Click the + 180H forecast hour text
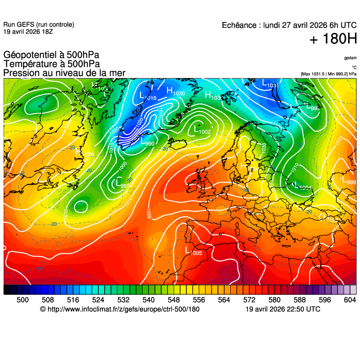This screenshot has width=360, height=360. (333, 39)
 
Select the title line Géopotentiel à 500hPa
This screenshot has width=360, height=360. (51, 55)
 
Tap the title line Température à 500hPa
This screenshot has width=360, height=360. (52, 64)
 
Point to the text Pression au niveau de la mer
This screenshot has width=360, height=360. (64, 73)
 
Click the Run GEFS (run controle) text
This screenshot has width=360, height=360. (38, 25)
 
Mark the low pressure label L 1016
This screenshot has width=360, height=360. (147, 96)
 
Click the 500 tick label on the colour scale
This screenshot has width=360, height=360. (22, 299)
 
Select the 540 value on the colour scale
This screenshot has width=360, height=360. (148, 299)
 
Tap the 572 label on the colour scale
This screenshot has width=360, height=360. (249, 299)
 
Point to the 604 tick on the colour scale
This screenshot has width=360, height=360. (350, 299)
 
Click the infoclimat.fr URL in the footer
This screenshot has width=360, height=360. (120, 309)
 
